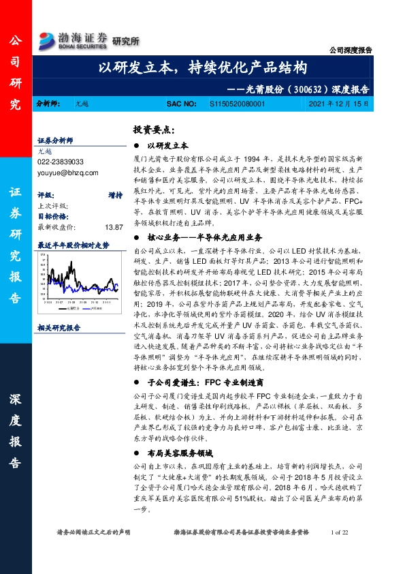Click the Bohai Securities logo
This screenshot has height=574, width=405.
pos(73,39)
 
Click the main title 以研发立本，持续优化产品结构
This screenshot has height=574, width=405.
pos(203,68)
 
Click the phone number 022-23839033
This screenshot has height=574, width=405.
pos(61,162)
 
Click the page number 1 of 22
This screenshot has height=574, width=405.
pos(338,532)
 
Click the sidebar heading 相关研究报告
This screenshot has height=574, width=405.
pos(59,327)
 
